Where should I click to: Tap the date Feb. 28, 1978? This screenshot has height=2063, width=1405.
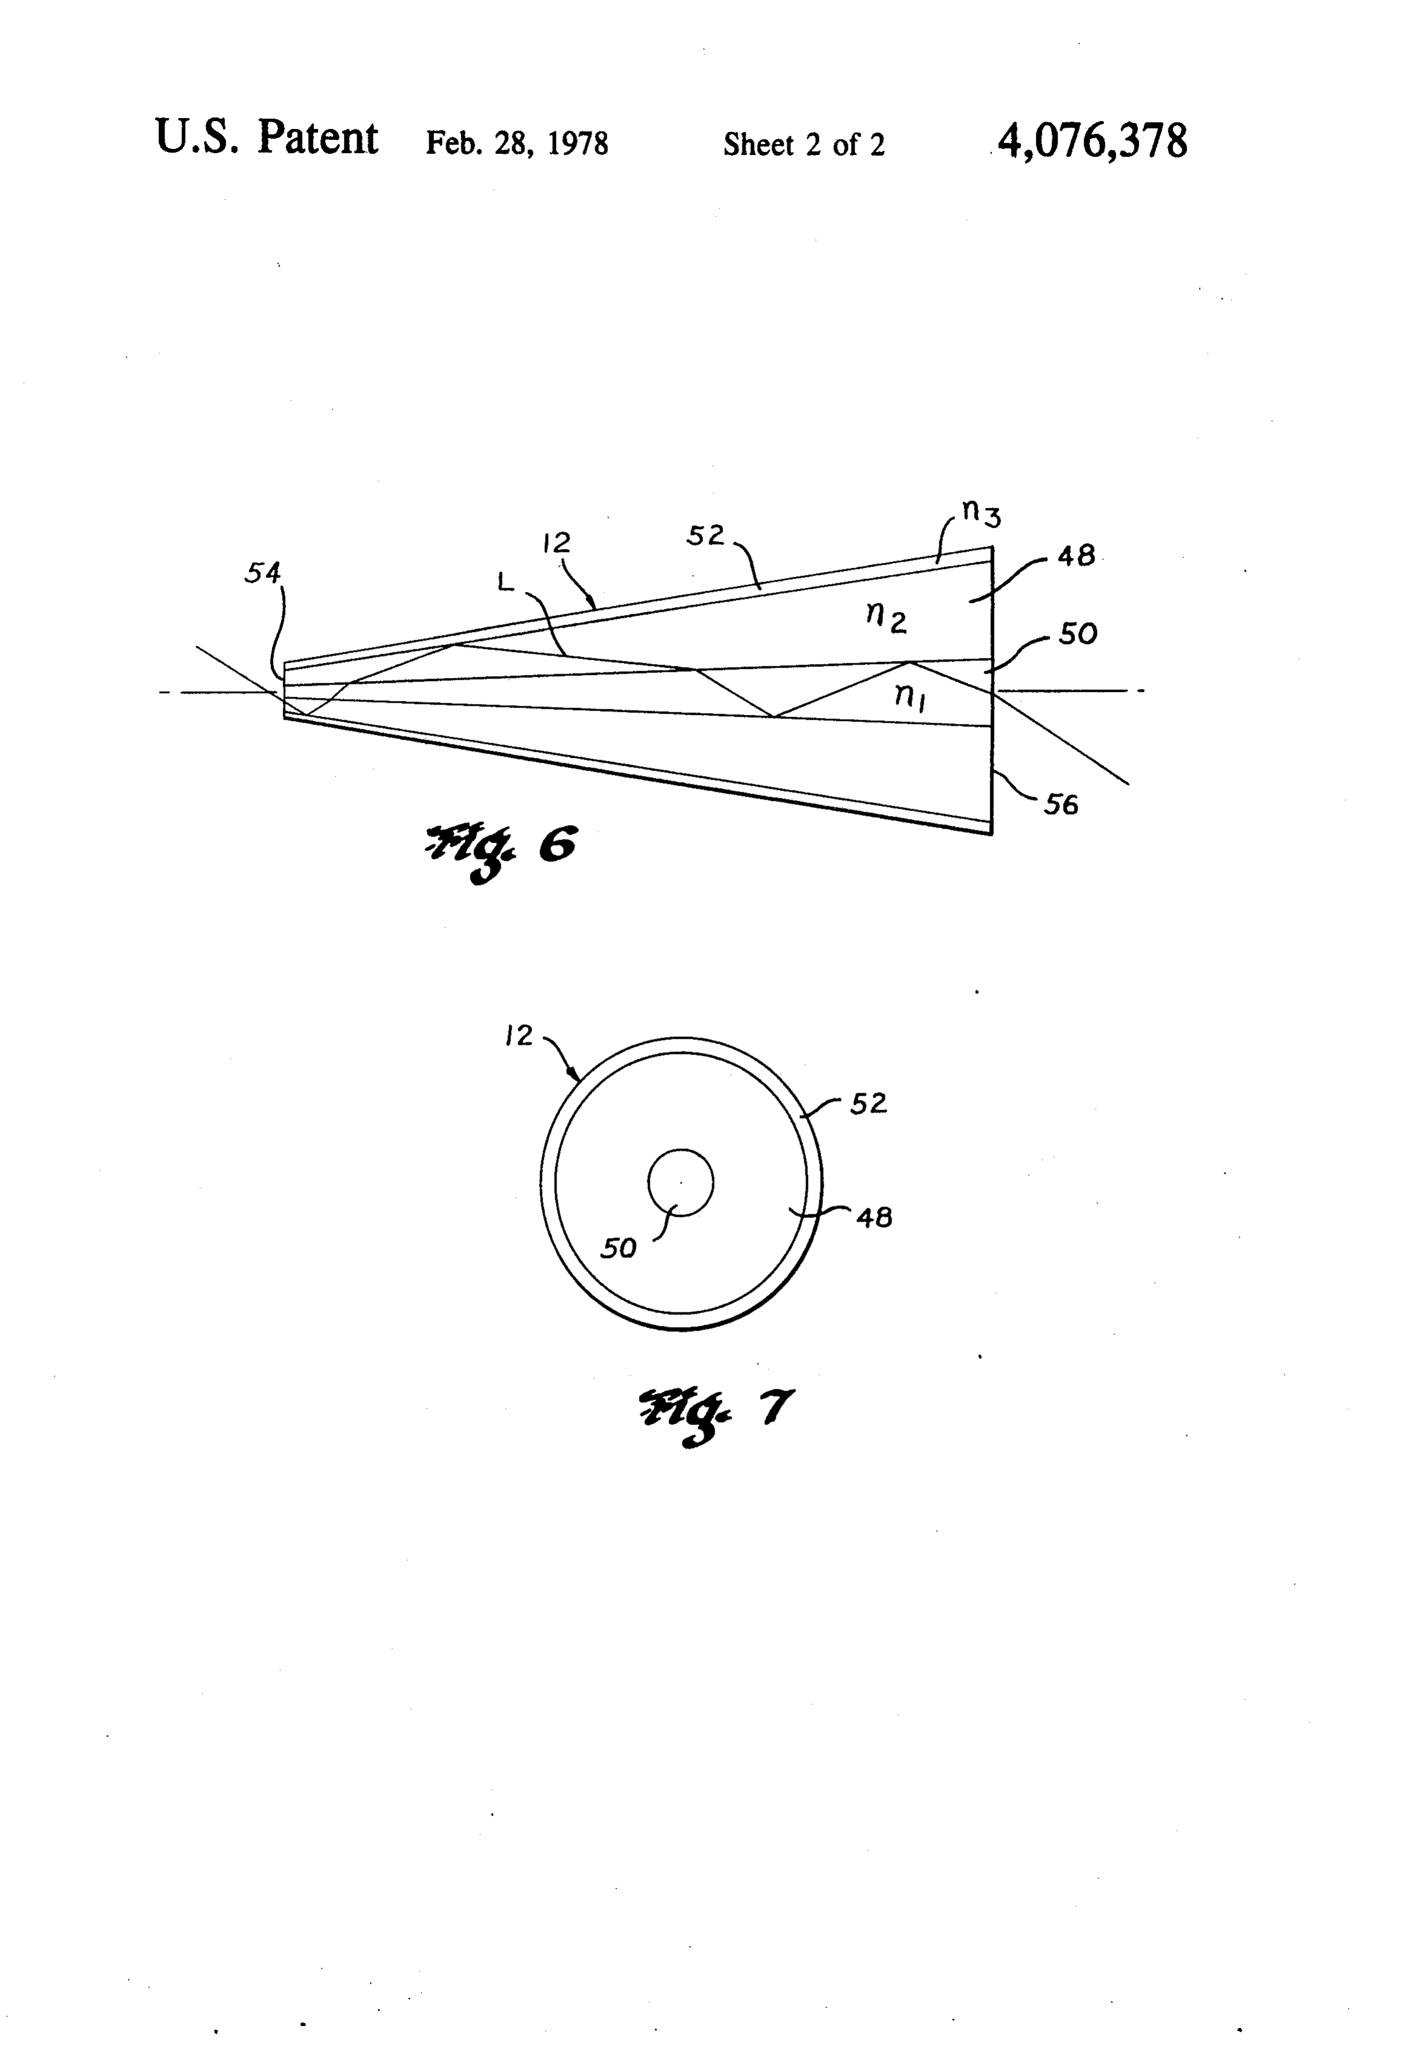click(517, 143)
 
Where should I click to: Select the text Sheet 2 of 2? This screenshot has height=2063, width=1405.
click(804, 144)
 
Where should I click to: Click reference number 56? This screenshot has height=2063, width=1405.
click(1060, 805)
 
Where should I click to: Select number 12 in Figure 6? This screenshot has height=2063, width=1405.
click(557, 542)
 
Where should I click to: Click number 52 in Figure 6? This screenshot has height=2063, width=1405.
click(706, 535)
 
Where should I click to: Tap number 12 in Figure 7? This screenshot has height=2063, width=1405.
click(518, 1035)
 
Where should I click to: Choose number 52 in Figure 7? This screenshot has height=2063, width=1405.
click(868, 1104)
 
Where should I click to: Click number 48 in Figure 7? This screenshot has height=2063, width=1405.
click(874, 1217)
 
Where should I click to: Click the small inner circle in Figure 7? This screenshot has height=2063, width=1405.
click(680, 1151)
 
